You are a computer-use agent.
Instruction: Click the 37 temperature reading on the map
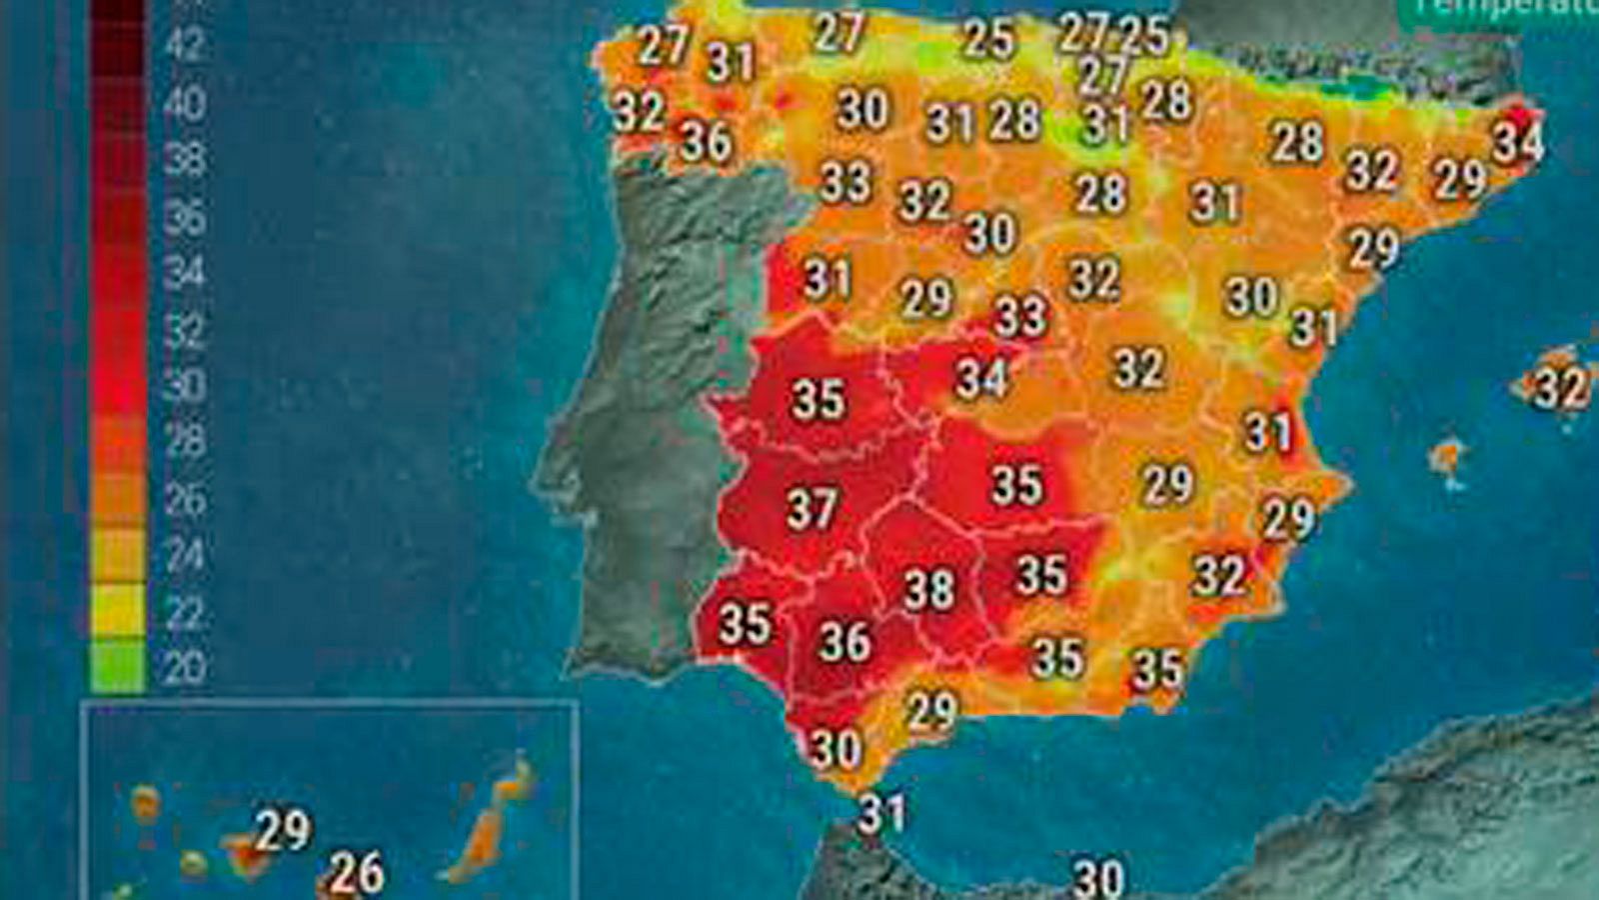(811, 508)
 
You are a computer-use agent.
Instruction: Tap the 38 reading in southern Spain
(928, 590)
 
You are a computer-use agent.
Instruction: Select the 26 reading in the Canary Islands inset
(357, 873)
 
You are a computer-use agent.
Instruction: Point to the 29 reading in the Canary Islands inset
(284, 829)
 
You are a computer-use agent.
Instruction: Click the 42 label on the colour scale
(183, 44)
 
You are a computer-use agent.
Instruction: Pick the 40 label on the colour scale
(183, 103)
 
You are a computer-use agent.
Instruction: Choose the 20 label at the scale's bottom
(183, 667)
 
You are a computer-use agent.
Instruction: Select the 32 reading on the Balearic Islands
(1560, 388)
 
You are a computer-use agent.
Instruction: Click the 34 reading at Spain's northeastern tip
(1517, 142)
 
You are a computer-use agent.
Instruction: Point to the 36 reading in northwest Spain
(707, 142)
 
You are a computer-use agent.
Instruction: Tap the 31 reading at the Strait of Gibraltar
(881, 813)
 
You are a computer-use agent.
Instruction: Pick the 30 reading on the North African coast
(1098, 879)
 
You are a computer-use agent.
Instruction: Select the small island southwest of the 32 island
(1446, 458)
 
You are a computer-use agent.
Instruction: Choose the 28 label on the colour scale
(183, 440)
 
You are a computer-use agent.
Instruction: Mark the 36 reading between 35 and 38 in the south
(844, 641)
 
